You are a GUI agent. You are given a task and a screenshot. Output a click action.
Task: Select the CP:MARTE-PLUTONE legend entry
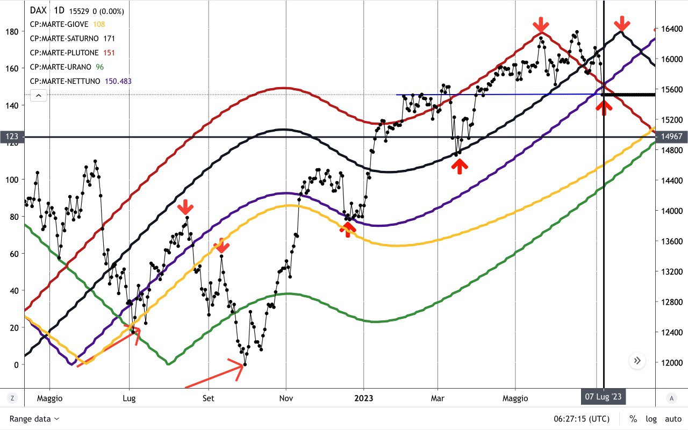[64, 53]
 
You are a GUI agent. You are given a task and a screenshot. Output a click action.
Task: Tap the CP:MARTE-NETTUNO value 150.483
[119, 81]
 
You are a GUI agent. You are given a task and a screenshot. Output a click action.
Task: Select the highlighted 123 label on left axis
[12, 137]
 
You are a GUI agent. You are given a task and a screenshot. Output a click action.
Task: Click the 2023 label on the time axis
[364, 398]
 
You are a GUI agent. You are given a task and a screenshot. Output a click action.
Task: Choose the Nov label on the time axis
[286, 398]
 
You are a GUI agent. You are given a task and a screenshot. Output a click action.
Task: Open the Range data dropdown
[34, 419]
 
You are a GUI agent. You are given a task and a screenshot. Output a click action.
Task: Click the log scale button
[651, 419]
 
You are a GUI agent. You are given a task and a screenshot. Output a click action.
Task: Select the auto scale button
[673, 419]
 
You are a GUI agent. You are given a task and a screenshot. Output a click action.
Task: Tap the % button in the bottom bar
[633, 419]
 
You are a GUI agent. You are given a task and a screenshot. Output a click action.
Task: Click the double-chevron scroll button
[637, 361]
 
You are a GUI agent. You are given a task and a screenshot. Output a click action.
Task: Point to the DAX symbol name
[38, 10]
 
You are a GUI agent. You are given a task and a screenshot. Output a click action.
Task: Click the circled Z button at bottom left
[12, 398]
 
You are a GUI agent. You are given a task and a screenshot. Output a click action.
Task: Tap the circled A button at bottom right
[671, 398]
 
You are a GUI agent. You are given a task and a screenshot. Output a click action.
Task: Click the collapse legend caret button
[39, 96]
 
